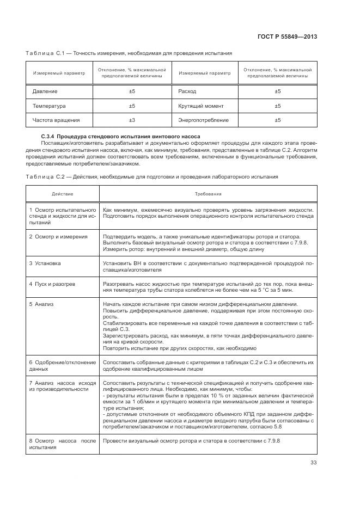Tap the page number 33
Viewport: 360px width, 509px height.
tap(313, 463)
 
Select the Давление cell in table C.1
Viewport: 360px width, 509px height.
tap(45, 91)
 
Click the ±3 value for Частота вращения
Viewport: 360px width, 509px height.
tap(132, 120)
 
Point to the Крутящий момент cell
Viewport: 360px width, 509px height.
tap(200, 106)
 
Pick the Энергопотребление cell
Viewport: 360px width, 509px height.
tap(203, 120)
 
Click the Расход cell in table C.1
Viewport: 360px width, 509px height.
tap(187, 91)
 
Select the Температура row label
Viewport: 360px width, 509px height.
tap(49, 106)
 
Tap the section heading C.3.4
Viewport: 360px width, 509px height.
tap(120, 136)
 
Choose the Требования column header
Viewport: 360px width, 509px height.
tap(208, 194)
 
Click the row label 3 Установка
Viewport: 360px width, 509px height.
tap(45, 263)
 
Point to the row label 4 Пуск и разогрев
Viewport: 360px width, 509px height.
tap(56, 284)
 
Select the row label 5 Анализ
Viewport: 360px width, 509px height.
tap(42, 304)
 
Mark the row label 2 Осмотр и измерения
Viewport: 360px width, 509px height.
tap(58, 236)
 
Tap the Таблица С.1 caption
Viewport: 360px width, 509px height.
tap(129, 53)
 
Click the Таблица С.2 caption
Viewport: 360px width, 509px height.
tap(151, 176)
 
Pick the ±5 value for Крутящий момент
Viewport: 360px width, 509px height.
tap(277, 106)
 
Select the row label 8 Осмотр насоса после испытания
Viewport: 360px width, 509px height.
tap(62, 443)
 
